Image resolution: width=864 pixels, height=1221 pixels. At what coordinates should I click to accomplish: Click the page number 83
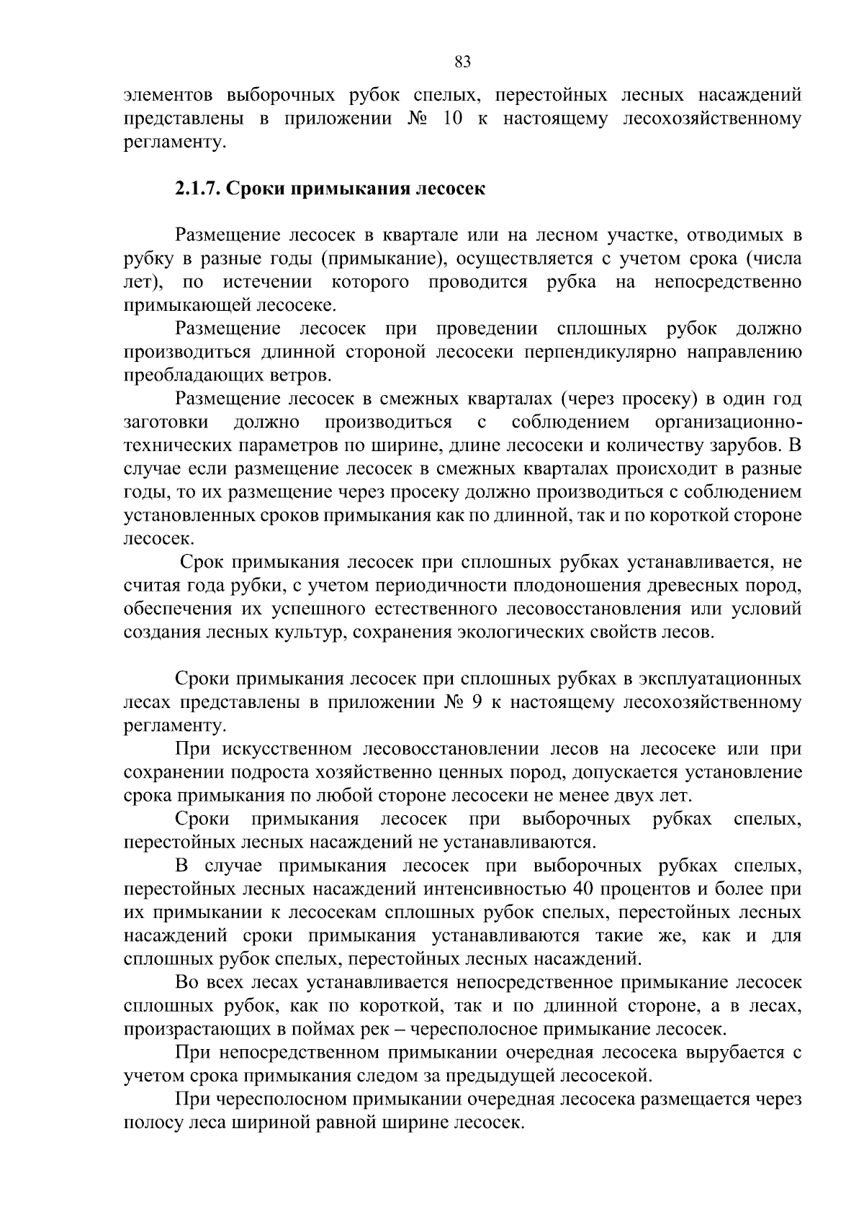tap(463, 63)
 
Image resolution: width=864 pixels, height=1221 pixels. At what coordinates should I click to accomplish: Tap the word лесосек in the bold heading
tap(450, 189)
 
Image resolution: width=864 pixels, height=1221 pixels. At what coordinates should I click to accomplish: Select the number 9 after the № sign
tap(475, 702)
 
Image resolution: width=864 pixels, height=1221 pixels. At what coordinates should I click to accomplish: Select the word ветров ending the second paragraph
tap(303, 376)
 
